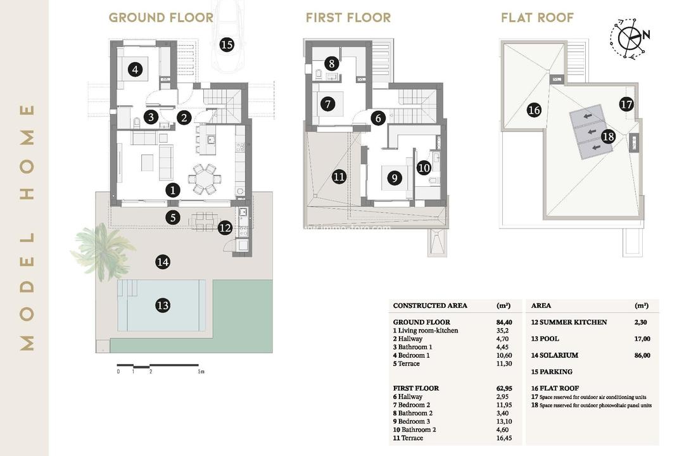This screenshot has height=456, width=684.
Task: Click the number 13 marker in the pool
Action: click(163, 305)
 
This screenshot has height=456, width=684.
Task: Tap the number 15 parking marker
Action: click(226, 44)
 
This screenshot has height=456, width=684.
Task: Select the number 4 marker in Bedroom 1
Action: click(134, 70)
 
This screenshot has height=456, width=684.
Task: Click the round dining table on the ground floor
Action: click(204, 179)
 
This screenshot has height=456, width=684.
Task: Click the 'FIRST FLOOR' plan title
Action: click(348, 18)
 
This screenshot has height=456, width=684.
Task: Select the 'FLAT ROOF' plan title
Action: click(537, 18)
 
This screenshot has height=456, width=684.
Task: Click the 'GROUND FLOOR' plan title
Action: click(161, 18)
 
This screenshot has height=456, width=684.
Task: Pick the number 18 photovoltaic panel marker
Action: click(608, 136)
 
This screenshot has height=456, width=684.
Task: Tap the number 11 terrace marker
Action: click(339, 177)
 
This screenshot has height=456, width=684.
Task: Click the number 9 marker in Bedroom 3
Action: click(394, 178)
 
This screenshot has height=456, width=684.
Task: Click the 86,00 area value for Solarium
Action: click(642, 355)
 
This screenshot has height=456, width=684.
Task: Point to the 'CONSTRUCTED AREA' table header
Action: click(430, 305)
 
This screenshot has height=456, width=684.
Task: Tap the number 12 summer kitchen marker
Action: click(225, 227)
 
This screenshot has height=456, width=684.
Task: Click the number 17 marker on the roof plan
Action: click(626, 104)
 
